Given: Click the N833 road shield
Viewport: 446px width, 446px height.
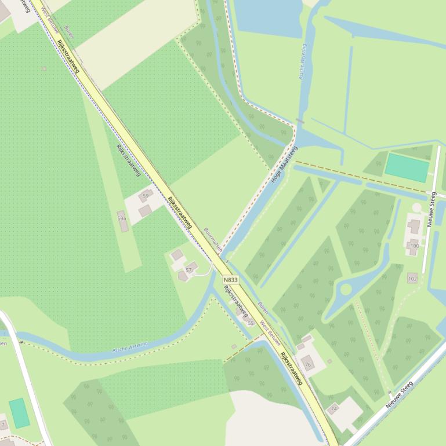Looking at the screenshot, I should (230, 280).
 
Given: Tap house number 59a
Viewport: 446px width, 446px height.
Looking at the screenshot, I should (122, 218).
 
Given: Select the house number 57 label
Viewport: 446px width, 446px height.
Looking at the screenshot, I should (189, 270).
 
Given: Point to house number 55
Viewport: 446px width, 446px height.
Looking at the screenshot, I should (251, 323).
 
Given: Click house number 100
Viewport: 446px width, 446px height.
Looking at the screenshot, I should (414, 246).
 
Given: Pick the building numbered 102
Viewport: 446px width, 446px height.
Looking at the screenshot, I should (412, 278).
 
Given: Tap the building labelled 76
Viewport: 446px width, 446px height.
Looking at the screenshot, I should (308, 364).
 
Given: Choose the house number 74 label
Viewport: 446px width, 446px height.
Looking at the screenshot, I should (333, 408).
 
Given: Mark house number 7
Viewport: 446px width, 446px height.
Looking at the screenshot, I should (3, 425).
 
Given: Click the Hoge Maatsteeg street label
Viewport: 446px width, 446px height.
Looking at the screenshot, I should (284, 164).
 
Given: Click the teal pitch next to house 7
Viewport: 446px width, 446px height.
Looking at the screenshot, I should (19, 413).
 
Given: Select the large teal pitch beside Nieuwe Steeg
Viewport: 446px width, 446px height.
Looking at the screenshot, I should (408, 167).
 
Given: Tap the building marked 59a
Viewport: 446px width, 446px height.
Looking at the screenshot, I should (122, 225).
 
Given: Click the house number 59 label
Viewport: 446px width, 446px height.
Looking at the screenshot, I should (146, 196).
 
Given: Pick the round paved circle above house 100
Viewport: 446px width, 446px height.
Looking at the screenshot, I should (416, 207).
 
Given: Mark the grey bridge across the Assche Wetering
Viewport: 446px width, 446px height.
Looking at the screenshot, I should (299, 122).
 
